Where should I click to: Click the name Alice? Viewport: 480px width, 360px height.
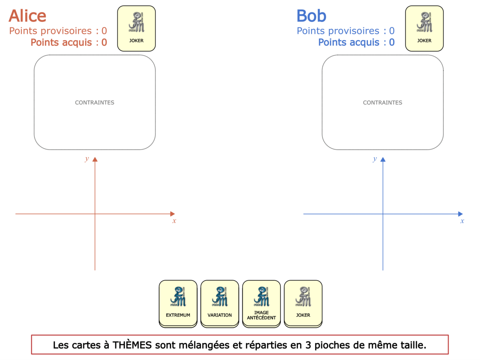click(27, 16)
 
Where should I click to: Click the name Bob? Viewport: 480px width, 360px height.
click(311, 16)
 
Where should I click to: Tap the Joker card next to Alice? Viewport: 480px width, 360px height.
click(136, 28)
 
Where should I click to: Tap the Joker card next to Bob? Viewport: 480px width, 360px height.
click(424, 28)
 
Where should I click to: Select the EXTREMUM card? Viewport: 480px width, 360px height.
click(178, 304)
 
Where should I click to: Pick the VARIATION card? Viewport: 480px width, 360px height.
click(220, 304)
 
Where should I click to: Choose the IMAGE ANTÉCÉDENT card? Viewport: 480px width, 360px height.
click(261, 304)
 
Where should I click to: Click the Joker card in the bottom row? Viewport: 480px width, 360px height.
click(303, 304)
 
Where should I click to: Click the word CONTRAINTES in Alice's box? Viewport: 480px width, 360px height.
click(94, 102)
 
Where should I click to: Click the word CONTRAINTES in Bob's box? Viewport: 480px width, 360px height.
click(382, 102)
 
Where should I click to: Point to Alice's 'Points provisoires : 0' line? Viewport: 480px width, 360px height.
click(58, 31)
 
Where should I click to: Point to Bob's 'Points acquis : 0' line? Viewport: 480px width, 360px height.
click(356, 42)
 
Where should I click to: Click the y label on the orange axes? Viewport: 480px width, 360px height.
click(87, 159)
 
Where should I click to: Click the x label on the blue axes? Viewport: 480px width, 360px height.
click(462, 221)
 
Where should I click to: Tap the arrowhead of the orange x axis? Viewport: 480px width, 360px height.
click(172, 214)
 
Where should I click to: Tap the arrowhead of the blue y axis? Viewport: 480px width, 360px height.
click(383, 160)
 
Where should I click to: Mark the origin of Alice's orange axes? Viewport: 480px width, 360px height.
click(95, 214)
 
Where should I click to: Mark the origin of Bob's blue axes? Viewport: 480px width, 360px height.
click(383, 214)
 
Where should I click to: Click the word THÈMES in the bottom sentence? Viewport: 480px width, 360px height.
click(132, 345)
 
